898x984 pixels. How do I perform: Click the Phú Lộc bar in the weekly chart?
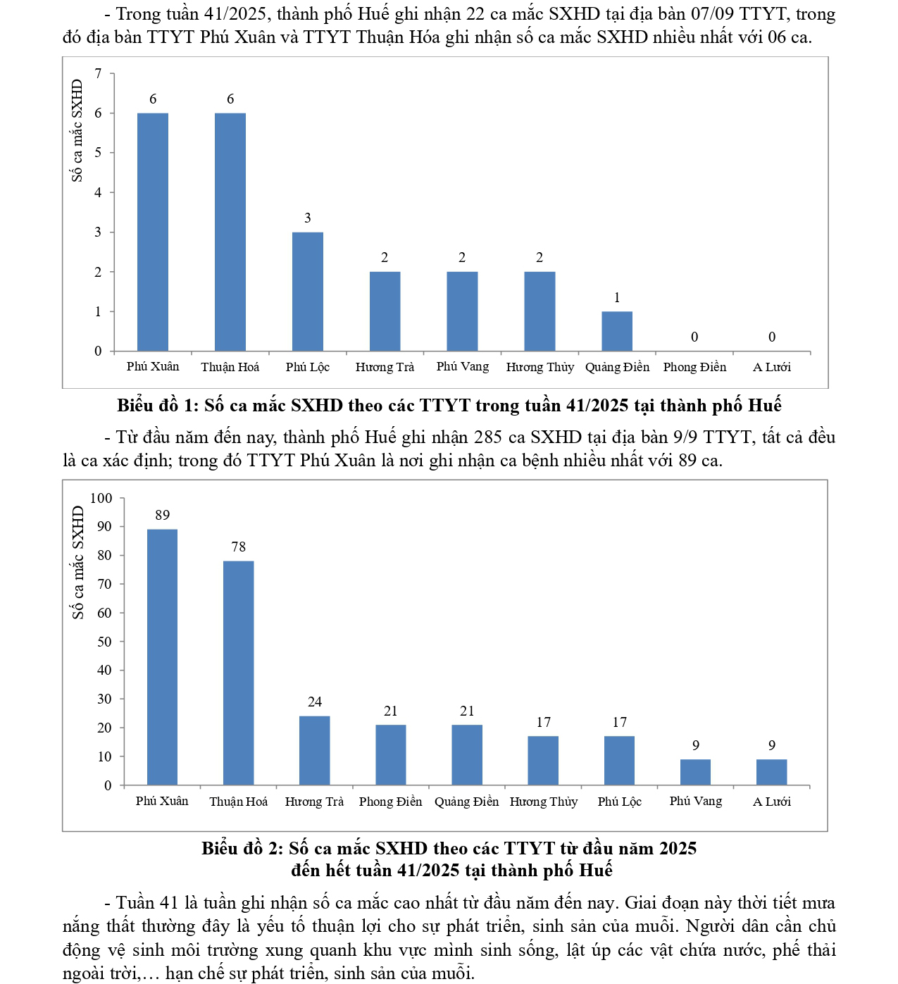point(308,292)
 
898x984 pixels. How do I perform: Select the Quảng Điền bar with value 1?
point(617,331)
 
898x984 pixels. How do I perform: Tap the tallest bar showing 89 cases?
point(162,656)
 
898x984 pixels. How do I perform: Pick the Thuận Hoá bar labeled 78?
point(238,673)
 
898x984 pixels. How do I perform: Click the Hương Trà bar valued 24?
point(314,750)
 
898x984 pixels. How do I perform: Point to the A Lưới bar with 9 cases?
point(771,772)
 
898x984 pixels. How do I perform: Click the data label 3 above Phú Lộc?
point(308,218)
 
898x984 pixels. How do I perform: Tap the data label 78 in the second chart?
point(238,547)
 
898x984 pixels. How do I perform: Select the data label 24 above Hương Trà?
point(314,702)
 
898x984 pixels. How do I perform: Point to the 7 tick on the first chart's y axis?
point(99,73)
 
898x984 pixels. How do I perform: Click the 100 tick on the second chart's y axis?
point(101,498)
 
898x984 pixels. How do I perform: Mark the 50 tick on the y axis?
point(104,642)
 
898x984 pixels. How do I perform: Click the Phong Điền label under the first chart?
point(694,367)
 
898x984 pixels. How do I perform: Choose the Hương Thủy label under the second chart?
point(543,802)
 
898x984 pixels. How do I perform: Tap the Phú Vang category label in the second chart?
point(695,801)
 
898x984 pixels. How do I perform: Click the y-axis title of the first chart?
point(77,130)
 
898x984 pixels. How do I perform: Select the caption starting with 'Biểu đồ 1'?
point(449,406)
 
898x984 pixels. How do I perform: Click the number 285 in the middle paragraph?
point(487,437)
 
